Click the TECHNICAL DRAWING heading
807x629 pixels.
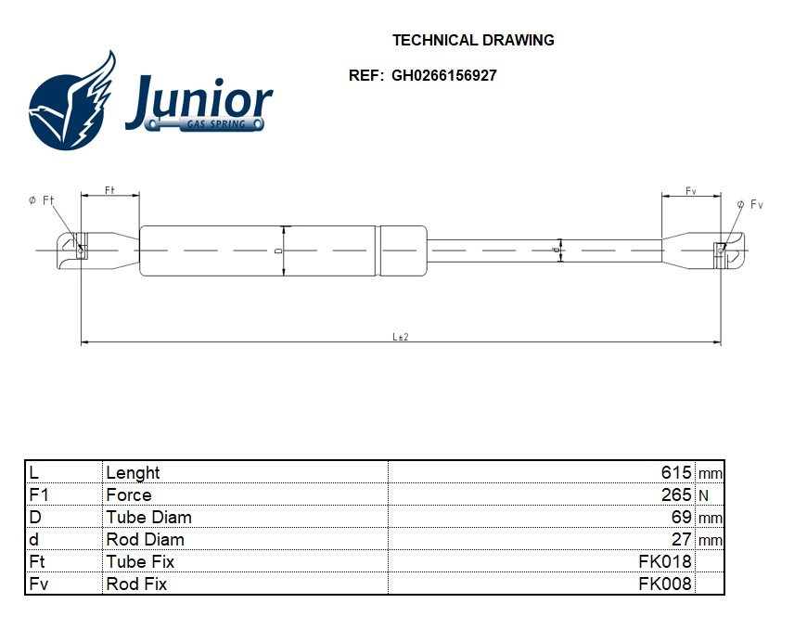473,40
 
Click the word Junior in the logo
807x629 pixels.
199,100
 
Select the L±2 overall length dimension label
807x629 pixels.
401,336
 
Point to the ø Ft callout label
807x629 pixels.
42,200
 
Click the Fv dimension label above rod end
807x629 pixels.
690,190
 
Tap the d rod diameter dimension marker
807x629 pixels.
557,250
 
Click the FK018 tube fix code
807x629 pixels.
665,561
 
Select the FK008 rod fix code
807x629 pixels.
665,584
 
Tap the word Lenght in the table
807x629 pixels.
133,472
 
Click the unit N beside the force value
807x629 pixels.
702,495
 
